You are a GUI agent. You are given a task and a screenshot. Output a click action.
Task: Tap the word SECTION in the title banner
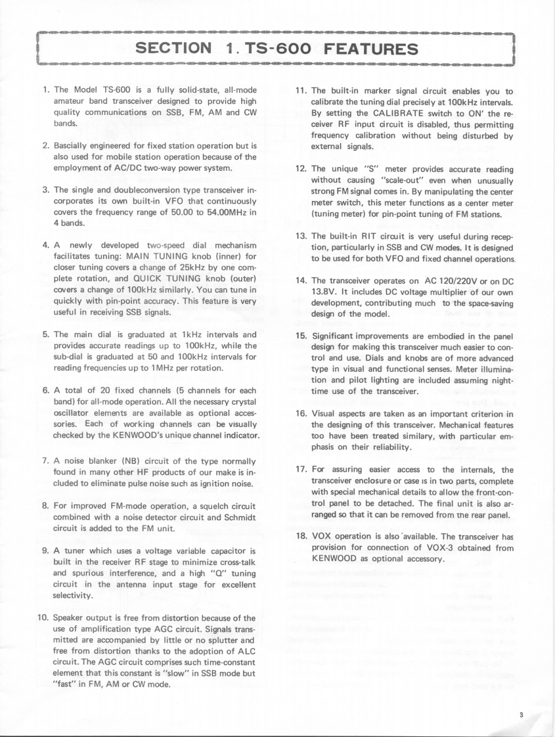click(173, 48)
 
